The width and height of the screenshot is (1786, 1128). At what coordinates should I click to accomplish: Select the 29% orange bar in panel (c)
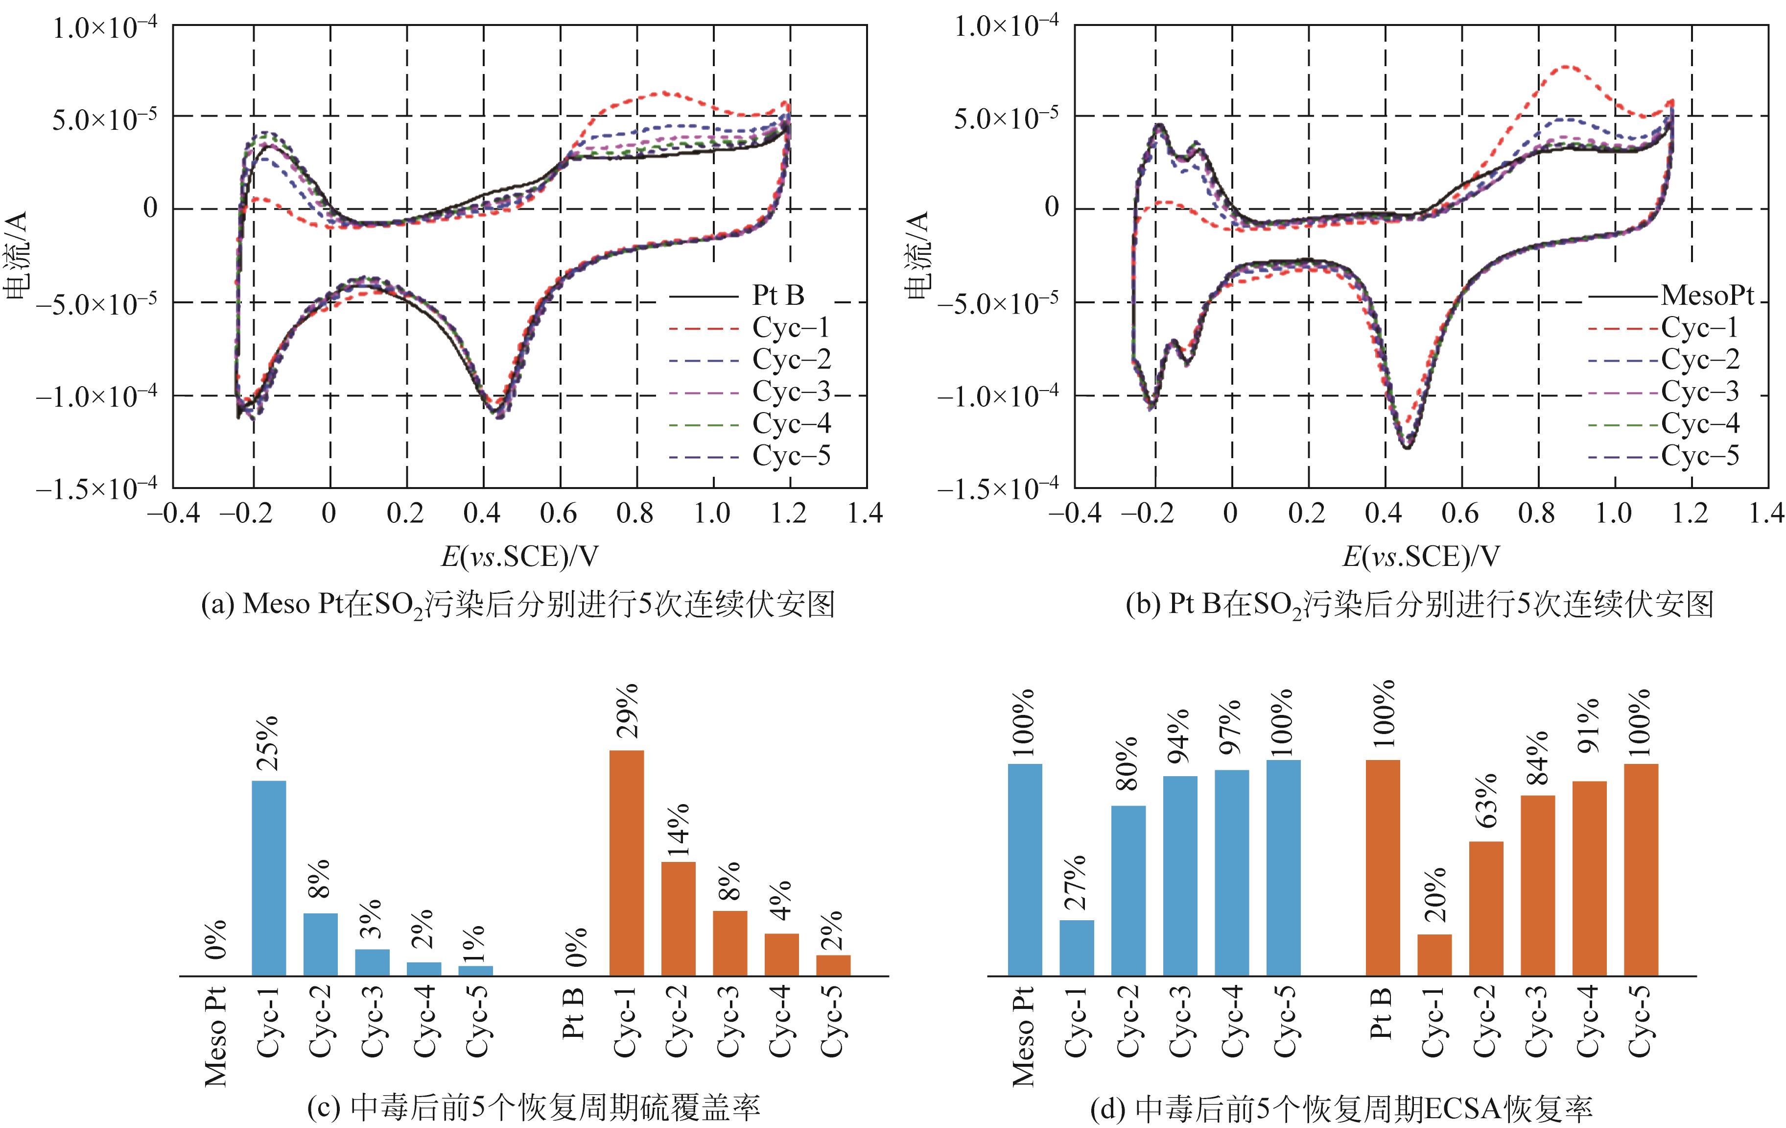(x=626, y=863)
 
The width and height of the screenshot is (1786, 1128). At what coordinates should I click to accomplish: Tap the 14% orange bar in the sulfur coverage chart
(x=678, y=919)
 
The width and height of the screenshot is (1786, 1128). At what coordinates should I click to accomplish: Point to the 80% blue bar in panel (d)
(x=1128, y=890)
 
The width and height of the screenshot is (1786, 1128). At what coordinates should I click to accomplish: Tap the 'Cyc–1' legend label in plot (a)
(x=791, y=327)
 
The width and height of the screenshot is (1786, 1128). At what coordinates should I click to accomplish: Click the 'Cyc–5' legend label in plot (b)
(x=1700, y=455)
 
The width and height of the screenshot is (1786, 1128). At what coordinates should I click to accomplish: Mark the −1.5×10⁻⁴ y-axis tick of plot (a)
(x=96, y=488)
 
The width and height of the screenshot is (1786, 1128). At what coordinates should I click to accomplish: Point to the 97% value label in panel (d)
(x=1231, y=727)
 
